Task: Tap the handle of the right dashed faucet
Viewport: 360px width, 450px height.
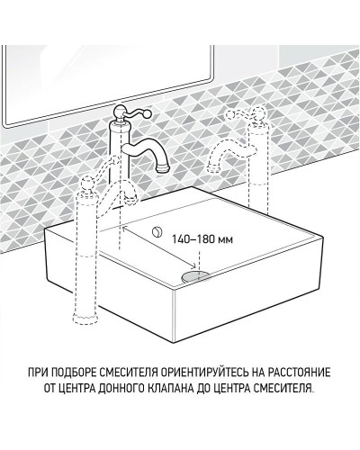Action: coord(240,114)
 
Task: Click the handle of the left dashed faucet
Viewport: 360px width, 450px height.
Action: coord(87,184)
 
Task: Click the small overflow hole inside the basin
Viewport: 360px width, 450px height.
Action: coord(158,233)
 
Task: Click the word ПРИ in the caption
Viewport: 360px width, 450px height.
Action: coord(52,371)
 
